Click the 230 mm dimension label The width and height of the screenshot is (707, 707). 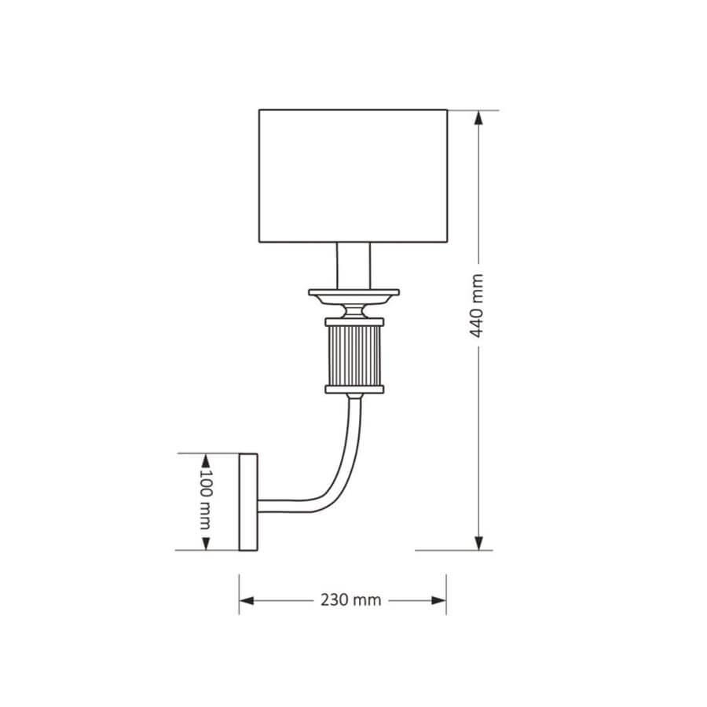tap(350, 600)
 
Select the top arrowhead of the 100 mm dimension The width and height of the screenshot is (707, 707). tap(206, 459)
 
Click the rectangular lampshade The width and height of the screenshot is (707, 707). tap(353, 176)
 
